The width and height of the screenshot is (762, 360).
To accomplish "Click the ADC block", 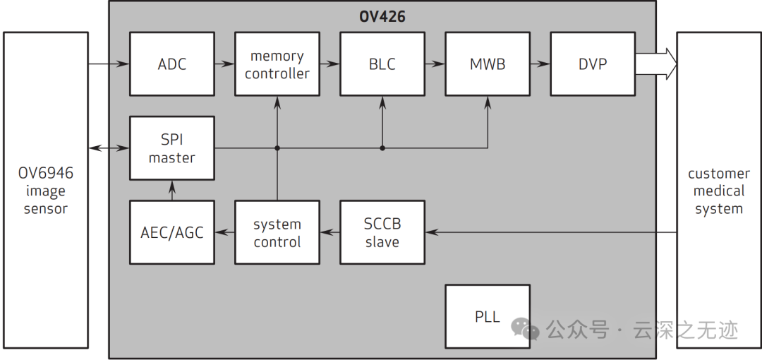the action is click(172, 64).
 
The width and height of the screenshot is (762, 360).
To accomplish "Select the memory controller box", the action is click(277, 64).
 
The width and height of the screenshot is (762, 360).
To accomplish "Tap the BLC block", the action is click(382, 64).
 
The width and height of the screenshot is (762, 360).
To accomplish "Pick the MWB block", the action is click(488, 64).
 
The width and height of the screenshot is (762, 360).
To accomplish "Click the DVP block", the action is click(593, 64).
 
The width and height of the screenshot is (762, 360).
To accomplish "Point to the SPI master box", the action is click(172, 148).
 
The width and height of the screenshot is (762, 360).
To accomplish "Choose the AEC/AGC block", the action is click(172, 232).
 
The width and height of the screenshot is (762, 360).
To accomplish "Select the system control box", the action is click(277, 232).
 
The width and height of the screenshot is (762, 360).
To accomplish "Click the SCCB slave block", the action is click(382, 232).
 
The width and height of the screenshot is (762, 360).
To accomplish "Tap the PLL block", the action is click(488, 316).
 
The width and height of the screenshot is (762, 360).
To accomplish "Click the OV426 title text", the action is click(382, 16).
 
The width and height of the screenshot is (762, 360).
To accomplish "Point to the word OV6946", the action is click(46, 173).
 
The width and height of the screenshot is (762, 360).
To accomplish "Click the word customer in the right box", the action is click(719, 174).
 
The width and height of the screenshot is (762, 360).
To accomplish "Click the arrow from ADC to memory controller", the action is click(224, 64).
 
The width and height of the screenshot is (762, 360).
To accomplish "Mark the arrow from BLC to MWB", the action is click(435, 64).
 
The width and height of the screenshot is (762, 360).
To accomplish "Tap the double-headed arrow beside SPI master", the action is click(109, 148).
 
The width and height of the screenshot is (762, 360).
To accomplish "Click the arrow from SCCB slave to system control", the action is click(330, 232).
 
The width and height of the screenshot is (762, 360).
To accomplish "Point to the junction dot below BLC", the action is click(382, 148).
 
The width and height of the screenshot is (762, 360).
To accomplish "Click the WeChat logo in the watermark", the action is click(526, 330).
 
